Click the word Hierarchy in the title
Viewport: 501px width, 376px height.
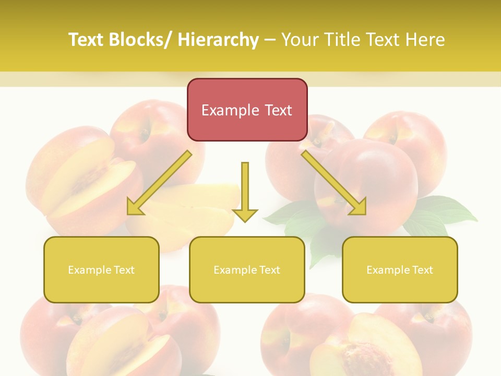(x=218, y=40)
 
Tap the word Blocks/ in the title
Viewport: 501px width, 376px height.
(x=141, y=40)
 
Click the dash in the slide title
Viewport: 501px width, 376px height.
(x=270, y=40)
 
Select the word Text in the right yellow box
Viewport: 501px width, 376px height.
(x=422, y=270)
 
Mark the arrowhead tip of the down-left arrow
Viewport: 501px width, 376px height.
(x=128, y=214)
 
